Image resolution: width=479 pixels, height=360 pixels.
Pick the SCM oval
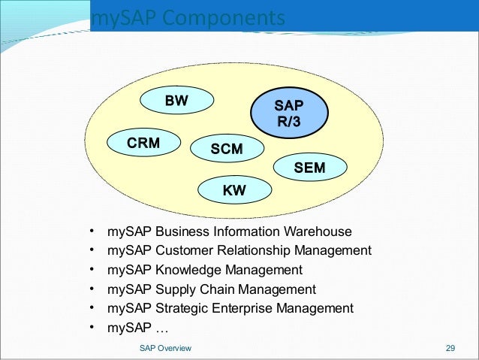[x=227, y=149]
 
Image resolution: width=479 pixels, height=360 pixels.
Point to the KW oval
[x=234, y=192]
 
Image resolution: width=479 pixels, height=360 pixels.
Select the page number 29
[x=450, y=348]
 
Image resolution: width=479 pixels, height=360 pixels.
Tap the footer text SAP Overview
[x=165, y=348]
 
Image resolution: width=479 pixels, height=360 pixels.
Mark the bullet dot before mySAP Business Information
[x=90, y=231]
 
